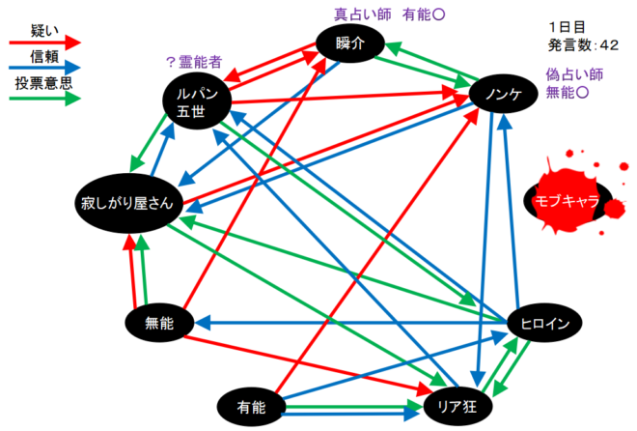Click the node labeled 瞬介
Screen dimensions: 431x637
pos(351,43)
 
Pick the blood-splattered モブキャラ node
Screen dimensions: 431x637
pos(562,201)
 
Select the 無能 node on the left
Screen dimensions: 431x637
pos(157,323)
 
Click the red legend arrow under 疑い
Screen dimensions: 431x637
pos(44,43)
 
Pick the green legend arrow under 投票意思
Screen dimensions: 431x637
pos(44,100)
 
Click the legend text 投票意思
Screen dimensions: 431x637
pos(44,84)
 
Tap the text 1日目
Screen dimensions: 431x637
pos(566,27)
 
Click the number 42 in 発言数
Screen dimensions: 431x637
pos(609,44)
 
